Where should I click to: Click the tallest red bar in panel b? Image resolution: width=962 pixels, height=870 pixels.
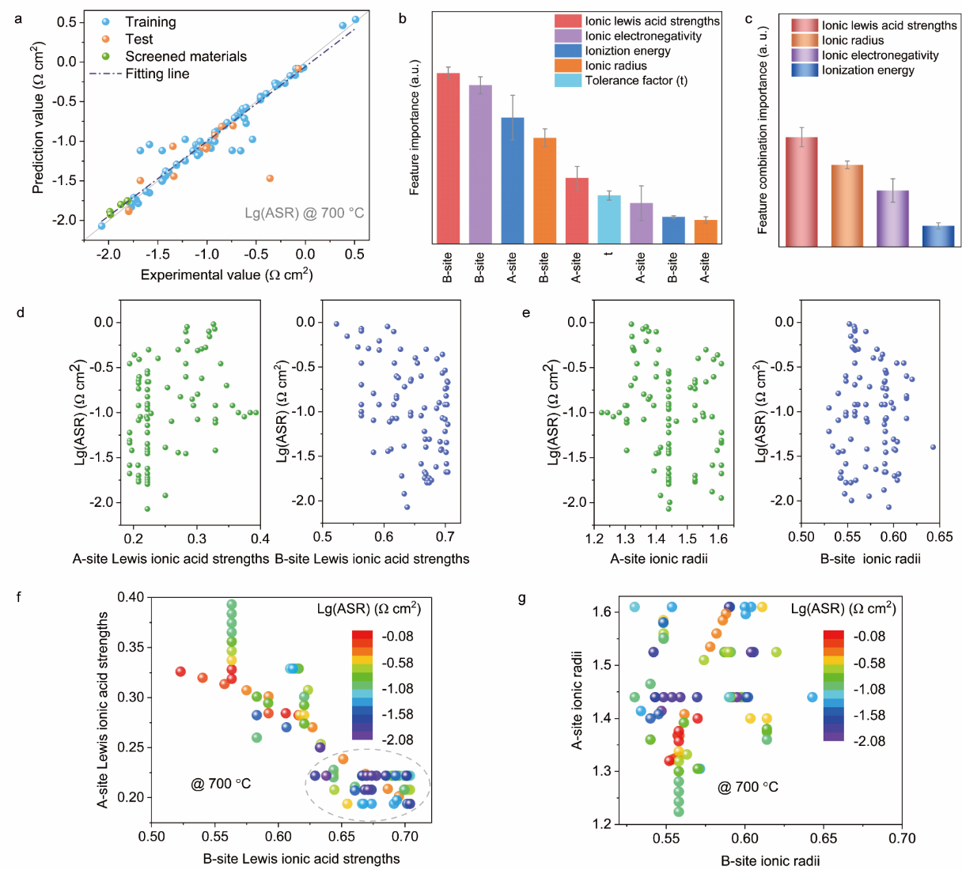[x=448, y=157]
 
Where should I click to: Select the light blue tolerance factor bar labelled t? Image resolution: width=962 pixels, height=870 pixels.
[x=608, y=219]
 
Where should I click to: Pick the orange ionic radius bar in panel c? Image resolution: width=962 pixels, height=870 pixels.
[x=847, y=206]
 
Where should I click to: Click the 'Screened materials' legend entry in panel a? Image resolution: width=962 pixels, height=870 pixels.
[x=186, y=56]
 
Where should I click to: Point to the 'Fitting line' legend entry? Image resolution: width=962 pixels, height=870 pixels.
[x=157, y=74]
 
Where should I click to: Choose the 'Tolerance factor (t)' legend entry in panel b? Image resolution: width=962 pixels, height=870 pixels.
[x=636, y=80]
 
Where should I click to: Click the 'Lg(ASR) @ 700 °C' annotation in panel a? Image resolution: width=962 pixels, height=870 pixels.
[x=305, y=213]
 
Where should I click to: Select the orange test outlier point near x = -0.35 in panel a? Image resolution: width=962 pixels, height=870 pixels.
[x=270, y=179]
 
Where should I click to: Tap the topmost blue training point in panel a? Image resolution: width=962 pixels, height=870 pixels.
[x=355, y=20]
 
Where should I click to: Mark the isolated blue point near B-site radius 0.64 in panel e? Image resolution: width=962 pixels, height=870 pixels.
[x=933, y=447]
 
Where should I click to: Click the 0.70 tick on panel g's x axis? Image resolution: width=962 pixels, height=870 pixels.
[x=902, y=838]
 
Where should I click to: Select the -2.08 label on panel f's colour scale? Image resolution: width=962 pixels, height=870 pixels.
[x=397, y=739]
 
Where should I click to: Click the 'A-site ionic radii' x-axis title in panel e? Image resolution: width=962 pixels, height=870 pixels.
[x=658, y=558]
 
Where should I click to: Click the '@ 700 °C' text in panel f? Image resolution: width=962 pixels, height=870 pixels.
[x=221, y=783]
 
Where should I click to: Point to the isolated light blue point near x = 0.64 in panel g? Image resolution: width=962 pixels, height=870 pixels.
[x=812, y=697]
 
